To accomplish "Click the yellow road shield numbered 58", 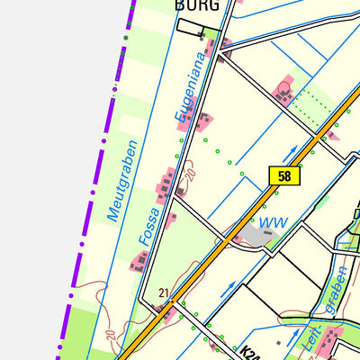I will point(284,175).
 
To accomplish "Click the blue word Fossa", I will point(149,226).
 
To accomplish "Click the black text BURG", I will point(196,5).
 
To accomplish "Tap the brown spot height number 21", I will point(163,292).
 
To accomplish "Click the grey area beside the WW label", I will point(253,236).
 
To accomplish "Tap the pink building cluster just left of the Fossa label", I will point(139,261).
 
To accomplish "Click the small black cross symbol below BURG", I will point(201,36).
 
